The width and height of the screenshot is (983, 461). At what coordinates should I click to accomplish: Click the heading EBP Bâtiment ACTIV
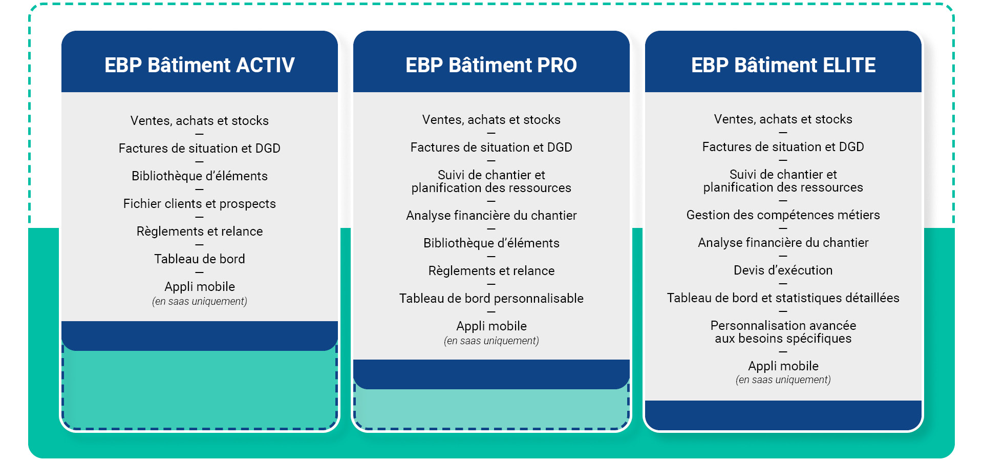200,65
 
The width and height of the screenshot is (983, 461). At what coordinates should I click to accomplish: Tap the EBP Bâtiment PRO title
491,65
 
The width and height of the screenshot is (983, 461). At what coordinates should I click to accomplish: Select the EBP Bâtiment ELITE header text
783,65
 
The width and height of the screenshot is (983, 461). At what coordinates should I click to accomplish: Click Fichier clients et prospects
200,204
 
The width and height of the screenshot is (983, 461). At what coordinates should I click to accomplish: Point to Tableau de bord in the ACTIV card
200,259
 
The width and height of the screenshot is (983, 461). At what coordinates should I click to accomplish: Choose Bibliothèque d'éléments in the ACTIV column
200,176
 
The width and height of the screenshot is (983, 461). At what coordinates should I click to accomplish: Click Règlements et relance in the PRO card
491,271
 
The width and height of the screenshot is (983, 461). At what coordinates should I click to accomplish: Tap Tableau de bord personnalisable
491,299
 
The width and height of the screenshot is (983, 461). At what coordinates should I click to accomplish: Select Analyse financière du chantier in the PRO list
491,216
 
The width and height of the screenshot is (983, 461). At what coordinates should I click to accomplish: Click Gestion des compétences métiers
783,215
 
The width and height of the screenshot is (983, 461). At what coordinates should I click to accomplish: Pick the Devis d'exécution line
783,270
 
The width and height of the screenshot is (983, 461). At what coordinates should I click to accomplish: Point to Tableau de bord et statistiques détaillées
783,298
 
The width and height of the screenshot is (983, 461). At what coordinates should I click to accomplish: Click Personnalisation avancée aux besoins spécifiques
783,332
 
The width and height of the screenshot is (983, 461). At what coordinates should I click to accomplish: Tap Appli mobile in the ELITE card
783,366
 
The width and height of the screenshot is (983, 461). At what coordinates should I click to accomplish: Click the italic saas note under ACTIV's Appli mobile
200,302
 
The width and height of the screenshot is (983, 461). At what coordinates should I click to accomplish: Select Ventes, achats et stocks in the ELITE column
783,119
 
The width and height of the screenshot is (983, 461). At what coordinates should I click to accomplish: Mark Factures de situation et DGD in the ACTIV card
200,149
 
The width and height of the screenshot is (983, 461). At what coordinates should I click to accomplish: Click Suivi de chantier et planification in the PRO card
491,181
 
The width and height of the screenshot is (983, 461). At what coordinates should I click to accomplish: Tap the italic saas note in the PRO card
491,341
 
